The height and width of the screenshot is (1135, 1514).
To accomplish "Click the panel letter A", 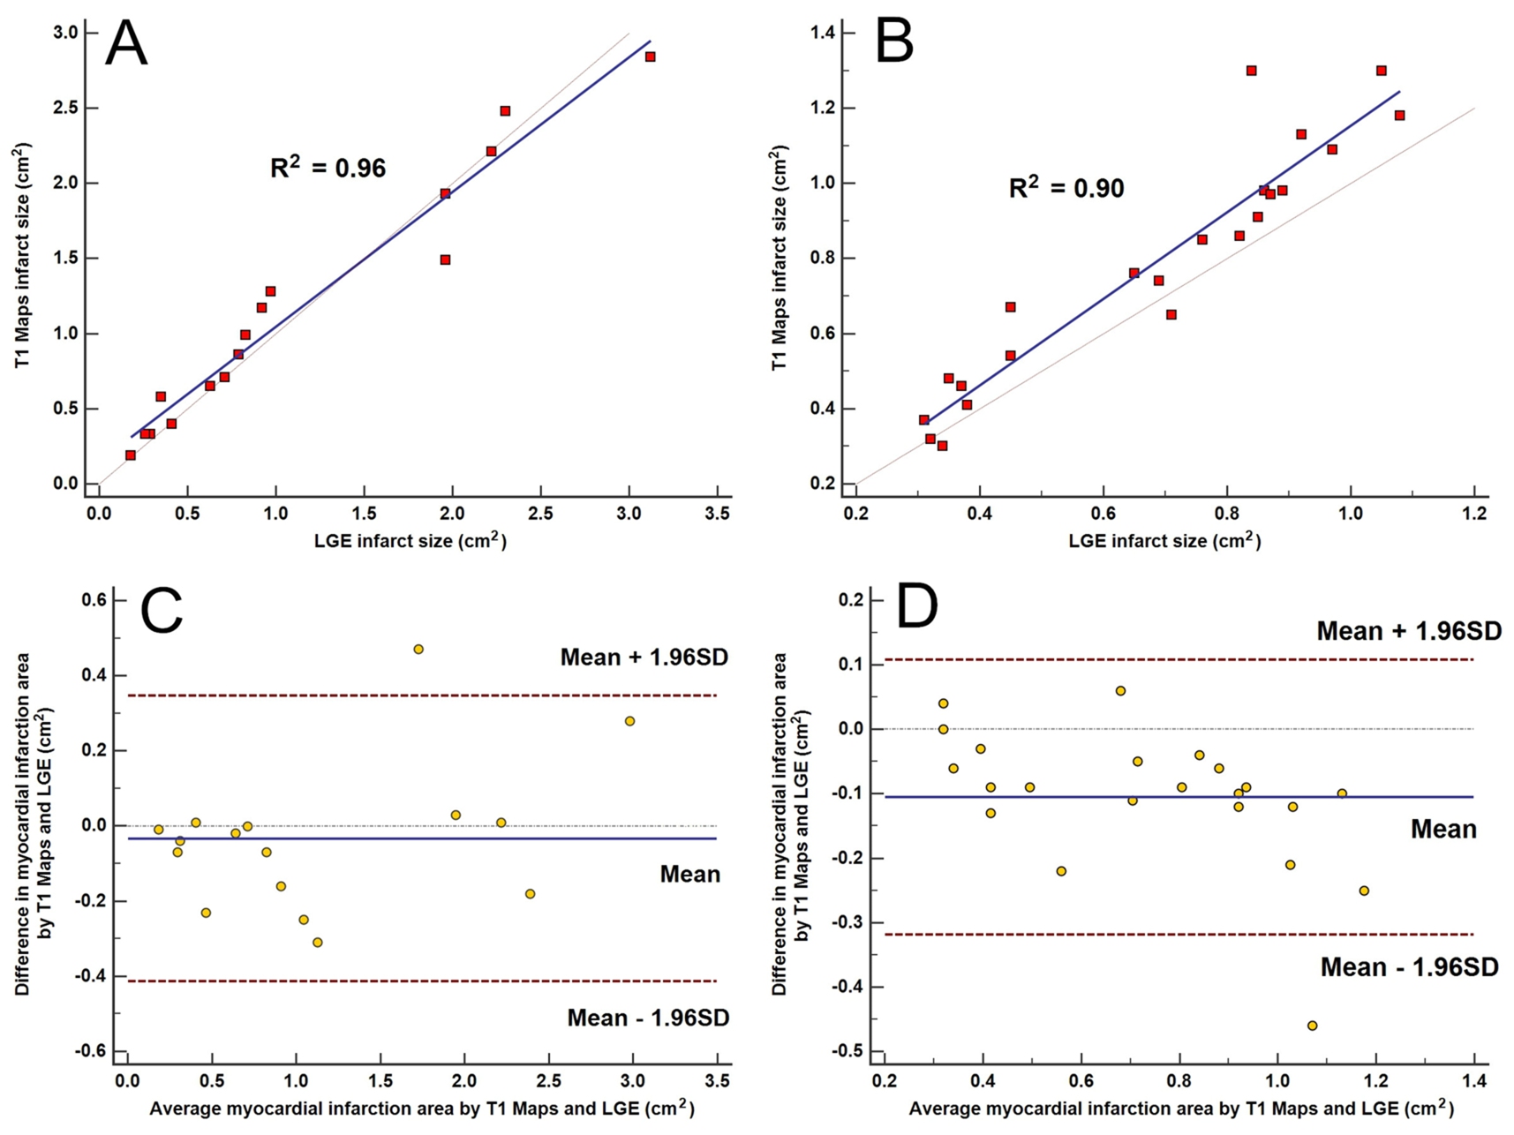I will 125,44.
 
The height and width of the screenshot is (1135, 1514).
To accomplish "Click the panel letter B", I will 893,42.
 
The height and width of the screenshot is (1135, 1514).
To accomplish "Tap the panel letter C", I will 162,609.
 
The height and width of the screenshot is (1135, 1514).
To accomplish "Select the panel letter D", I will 916,606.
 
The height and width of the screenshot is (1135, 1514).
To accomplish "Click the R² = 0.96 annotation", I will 328,167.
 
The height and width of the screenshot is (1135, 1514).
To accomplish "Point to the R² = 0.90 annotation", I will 1066,187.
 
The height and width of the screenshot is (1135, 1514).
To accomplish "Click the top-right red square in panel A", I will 650,56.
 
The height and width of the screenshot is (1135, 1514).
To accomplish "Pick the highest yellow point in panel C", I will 418,650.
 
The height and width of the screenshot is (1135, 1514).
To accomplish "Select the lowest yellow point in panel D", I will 1312,1026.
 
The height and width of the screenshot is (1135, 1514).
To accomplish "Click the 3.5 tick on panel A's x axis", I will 718,514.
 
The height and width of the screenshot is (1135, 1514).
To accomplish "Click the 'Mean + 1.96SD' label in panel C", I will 644,658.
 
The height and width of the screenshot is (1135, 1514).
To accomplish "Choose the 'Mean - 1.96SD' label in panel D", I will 1409,967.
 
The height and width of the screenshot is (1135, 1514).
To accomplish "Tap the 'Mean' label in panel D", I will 1442,830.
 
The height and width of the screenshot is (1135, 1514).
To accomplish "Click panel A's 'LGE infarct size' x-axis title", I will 410,541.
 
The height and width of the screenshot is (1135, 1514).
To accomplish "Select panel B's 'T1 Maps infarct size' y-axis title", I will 779,258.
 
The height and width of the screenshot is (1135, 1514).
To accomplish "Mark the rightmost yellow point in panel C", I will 629,721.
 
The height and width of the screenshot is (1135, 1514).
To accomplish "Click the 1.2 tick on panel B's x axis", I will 1474,514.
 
